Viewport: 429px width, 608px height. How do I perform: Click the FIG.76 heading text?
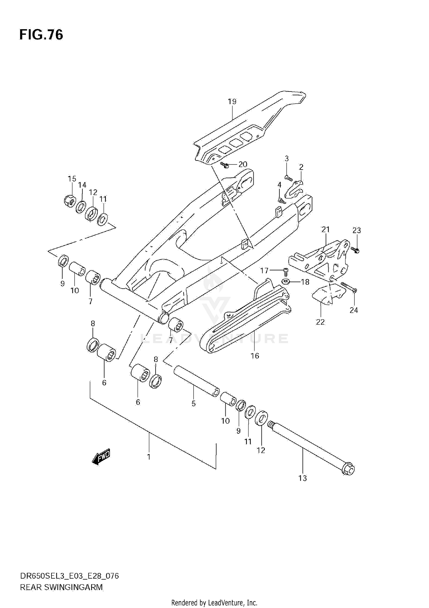41,35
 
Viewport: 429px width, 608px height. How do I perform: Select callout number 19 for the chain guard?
232,102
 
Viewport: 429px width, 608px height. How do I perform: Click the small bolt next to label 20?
225,165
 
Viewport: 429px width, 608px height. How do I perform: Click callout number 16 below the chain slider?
255,356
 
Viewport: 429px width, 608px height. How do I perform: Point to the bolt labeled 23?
356,250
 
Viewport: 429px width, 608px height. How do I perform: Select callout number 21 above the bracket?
326,229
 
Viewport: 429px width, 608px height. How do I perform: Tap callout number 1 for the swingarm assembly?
149,457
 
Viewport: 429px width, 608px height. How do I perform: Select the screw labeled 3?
288,178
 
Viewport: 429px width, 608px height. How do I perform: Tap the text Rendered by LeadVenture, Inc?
214,603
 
